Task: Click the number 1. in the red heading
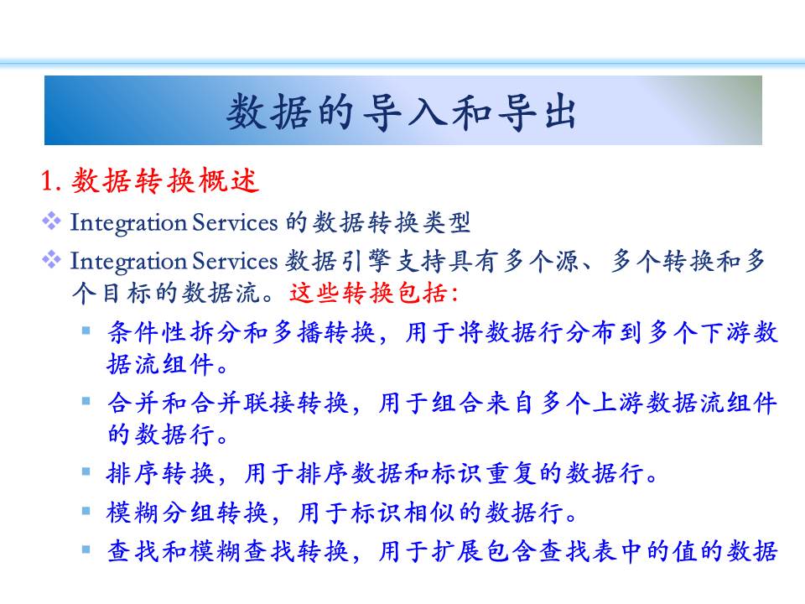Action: coord(51,181)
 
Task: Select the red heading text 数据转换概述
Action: coord(165,181)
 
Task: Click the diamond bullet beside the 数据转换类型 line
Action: coord(51,221)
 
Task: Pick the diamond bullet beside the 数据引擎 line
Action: coord(51,260)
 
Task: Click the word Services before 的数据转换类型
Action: coord(235,223)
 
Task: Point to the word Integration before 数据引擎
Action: coord(127,262)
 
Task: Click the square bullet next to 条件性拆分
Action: coord(86,331)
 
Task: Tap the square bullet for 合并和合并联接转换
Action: coord(86,401)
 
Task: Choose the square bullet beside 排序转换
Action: coord(86,471)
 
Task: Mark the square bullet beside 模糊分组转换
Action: coord(86,511)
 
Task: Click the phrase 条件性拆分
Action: coord(174,332)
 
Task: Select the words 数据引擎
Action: coord(338,262)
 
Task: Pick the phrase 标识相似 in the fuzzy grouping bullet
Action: coord(404,513)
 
